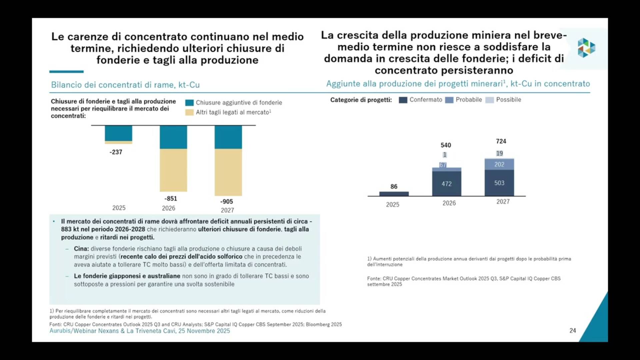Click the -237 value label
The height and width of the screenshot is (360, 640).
point(116,152)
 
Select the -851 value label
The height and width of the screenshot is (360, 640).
point(171,199)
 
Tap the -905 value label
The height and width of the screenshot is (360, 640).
point(227,202)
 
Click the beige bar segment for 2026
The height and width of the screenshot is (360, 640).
point(173,170)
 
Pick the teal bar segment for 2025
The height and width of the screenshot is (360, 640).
point(118,133)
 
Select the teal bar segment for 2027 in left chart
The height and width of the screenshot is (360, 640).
point(228,137)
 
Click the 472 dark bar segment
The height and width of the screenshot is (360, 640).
point(447,184)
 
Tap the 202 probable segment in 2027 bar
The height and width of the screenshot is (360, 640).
point(499,164)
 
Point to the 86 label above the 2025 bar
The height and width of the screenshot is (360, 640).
point(394,187)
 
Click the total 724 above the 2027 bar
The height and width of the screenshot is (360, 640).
point(501,141)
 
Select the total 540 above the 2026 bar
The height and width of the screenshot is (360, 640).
point(446,145)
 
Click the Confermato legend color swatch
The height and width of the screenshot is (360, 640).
point(403,100)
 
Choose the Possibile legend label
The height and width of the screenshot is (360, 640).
point(508,100)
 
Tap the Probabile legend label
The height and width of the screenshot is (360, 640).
point(469,100)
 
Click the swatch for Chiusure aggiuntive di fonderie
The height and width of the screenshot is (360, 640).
point(189,103)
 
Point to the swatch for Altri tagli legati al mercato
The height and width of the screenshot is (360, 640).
point(189,112)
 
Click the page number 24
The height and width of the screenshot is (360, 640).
point(573,331)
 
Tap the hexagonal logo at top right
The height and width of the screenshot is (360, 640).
point(586,48)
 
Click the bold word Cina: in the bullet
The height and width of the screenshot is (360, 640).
point(81,249)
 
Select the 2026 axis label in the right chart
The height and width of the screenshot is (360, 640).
point(449,203)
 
